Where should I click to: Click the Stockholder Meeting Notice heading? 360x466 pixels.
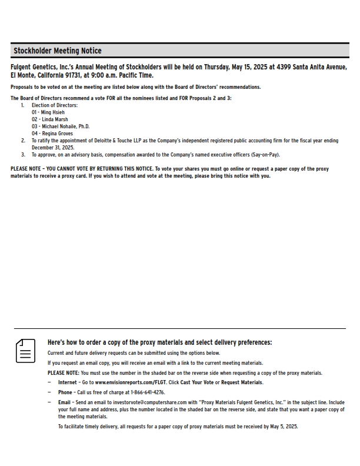57,51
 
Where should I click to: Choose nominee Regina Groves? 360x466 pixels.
52,134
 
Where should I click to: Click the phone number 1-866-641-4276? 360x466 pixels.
144,392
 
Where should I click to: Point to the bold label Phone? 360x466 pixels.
65,392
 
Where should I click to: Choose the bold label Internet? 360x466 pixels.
68,382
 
